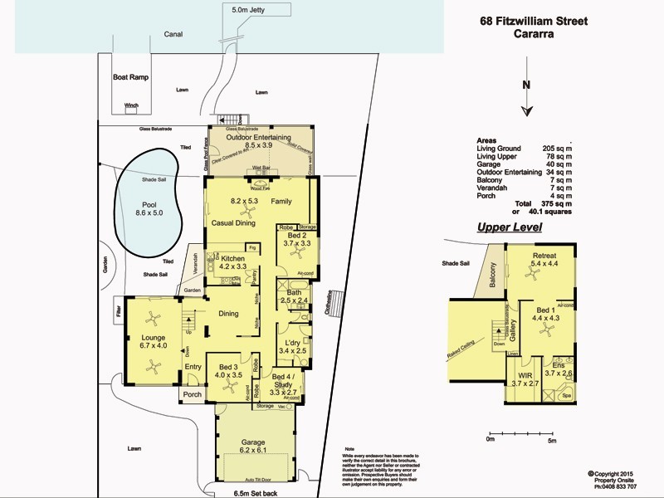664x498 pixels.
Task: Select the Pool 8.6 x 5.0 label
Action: click(x=149, y=208)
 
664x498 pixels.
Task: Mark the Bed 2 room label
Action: click(x=295, y=238)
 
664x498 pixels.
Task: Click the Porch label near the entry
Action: click(x=193, y=394)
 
